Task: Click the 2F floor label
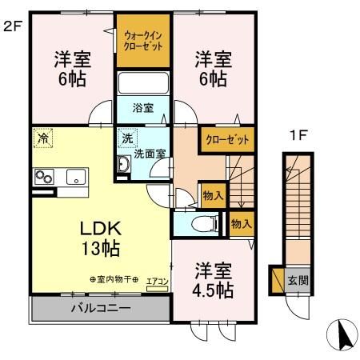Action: point(11,26)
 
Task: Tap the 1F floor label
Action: point(298,136)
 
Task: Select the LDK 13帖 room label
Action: point(100,238)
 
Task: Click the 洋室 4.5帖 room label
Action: point(213,279)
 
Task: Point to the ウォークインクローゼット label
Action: point(144,41)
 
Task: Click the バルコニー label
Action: point(101,308)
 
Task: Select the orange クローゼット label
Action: point(227,138)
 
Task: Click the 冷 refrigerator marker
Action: point(42,138)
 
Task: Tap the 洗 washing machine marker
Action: point(126,138)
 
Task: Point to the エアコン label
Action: point(157,280)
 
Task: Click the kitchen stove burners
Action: point(42,178)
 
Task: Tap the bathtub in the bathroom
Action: point(143,85)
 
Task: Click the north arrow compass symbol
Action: point(342,334)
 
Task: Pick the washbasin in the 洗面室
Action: point(123,166)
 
